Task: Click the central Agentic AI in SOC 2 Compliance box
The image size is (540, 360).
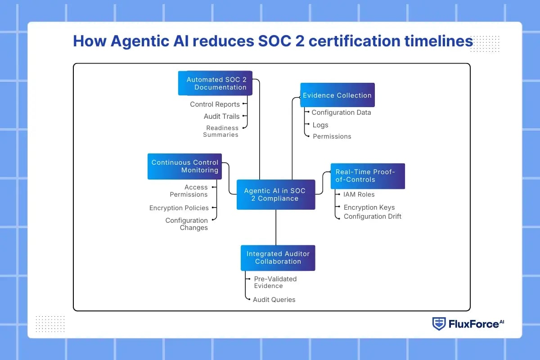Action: tap(276, 194)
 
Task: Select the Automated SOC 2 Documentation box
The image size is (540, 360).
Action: tap(215, 83)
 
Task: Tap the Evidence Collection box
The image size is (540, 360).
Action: tap(337, 95)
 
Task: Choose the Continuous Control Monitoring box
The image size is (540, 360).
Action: tap(184, 166)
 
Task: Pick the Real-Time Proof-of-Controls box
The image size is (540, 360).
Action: tap(368, 176)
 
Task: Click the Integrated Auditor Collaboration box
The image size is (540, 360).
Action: tap(278, 258)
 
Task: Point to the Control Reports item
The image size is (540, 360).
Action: tap(215, 104)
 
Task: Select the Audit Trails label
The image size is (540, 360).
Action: tap(221, 116)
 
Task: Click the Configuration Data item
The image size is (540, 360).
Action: tap(341, 112)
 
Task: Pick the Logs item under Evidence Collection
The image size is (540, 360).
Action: tap(320, 125)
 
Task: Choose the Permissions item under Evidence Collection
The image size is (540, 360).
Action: tap(332, 136)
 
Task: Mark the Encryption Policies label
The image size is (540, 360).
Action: tap(179, 208)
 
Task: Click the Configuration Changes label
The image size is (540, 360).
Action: tap(187, 224)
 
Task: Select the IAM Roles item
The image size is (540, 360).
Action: tap(359, 194)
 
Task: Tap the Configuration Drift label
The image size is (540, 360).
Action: tap(373, 216)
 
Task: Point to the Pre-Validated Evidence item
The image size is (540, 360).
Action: tap(275, 282)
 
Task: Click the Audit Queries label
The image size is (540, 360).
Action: tap(274, 299)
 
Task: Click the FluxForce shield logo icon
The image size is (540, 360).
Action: tap(439, 324)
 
